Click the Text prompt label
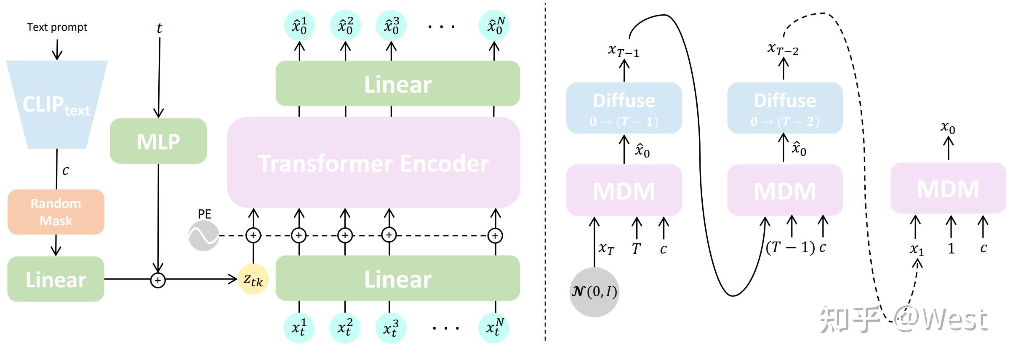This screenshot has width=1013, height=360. pos(57,27)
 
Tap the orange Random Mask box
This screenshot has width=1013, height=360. pos(56,212)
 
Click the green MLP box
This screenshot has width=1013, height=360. pos(158,141)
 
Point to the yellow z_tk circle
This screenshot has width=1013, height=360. pos(253,279)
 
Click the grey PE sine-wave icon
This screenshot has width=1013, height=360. pos(203,236)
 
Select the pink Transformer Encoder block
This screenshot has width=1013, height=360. pos(373,163)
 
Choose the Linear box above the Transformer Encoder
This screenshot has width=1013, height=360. pos(397,84)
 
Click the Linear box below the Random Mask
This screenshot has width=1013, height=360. pos(56,279)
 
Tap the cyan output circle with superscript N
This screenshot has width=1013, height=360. pos(494,26)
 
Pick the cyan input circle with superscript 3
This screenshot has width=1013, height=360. pos(391,328)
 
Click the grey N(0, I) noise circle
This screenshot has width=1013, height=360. pos(594,292)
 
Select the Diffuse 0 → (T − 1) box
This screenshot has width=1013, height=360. pos(624,108)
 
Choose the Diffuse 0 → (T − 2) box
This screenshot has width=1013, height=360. pos(785,108)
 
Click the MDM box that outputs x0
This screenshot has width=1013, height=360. pos(948,188)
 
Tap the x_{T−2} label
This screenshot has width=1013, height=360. pos(783,49)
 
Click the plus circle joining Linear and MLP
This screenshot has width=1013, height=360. pos(158,280)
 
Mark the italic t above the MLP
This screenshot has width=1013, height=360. pos(159,28)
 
